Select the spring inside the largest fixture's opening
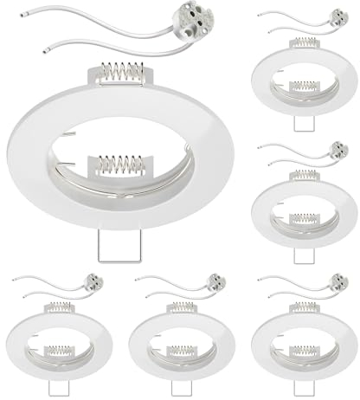point(121,165)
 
